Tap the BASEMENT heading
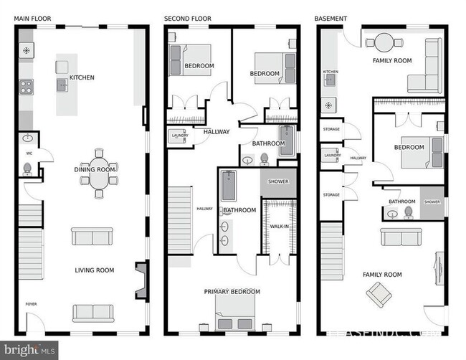click(x=331, y=18)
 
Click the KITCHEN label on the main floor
click(x=82, y=77)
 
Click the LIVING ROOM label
click(x=95, y=270)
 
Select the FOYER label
click(x=31, y=304)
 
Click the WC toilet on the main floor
click(x=27, y=169)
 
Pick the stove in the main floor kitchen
click(x=27, y=87)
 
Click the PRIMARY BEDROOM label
click(x=232, y=292)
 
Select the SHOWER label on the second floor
click(x=278, y=181)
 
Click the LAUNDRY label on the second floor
click(x=179, y=134)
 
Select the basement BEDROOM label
click(x=409, y=148)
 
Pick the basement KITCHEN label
click(x=330, y=72)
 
